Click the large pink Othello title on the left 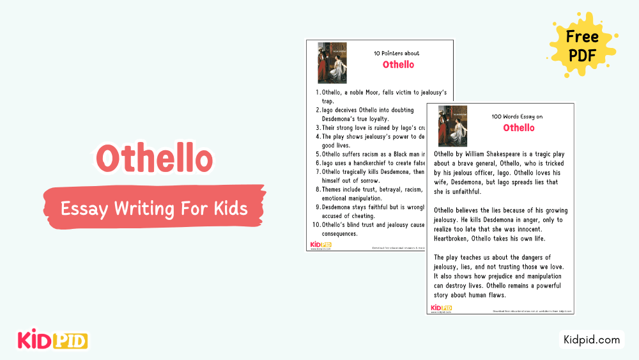154,159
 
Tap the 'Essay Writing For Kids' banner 153,208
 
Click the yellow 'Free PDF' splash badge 581,45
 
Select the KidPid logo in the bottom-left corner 52,340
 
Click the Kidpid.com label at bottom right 591,340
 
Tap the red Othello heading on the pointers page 398,65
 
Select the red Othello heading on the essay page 518,128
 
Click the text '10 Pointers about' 396,53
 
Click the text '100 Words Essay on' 517,117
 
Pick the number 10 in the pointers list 316,224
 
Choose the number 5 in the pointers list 318,153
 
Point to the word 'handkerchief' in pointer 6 378,162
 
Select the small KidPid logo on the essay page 441,308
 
